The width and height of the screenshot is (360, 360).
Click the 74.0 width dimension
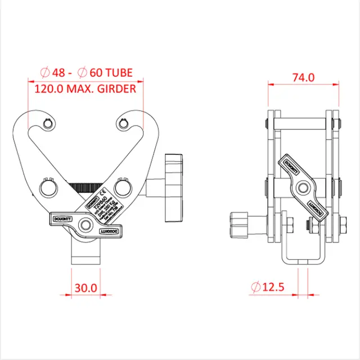(x=303, y=78)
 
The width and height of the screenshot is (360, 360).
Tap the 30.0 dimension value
(x=85, y=287)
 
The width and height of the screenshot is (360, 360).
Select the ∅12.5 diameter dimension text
(x=268, y=287)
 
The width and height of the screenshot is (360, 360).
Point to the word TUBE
(x=119, y=73)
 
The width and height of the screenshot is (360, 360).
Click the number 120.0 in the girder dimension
(x=48, y=88)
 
